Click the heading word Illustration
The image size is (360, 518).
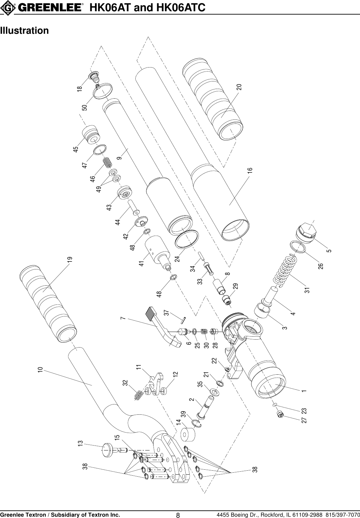coord(24,31)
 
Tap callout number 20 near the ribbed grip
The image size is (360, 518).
coord(239,87)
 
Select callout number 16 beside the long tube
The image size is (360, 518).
coord(250,171)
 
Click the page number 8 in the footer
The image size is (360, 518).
coord(178,515)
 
